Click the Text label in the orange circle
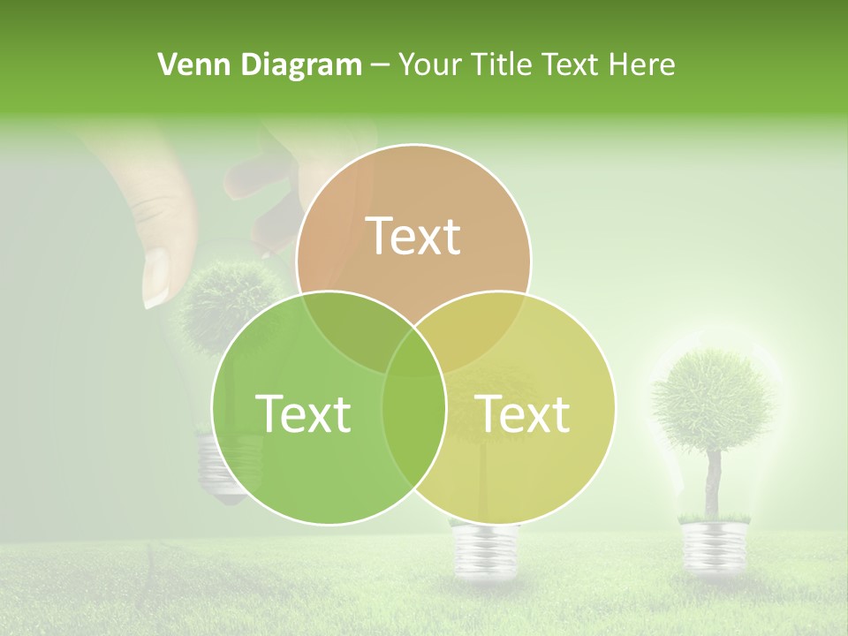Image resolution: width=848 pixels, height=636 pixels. pyautogui.click(x=413, y=236)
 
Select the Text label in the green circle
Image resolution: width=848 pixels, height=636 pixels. pyautogui.click(x=303, y=413)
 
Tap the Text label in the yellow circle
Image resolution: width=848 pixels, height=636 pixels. pyautogui.click(x=522, y=413)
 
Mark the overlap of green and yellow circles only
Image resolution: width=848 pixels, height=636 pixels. pyautogui.click(x=413, y=442)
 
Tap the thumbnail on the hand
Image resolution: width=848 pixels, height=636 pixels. pyautogui.click(x=156, y=276)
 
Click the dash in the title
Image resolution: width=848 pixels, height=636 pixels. pyautogui.click(x=381, y=65)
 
